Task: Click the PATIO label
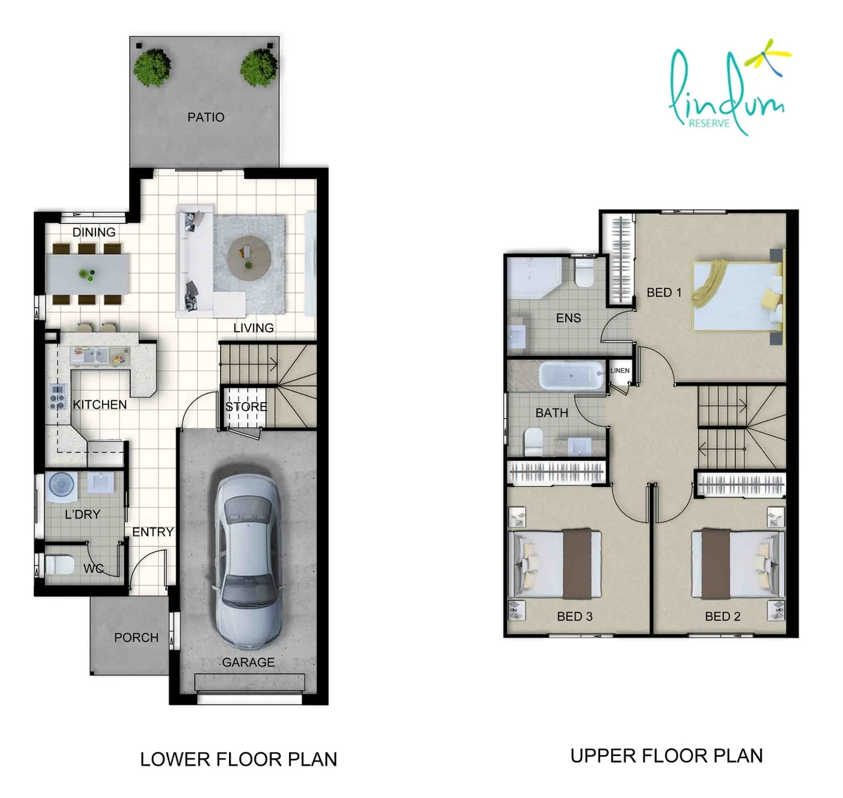(x=206, y=117)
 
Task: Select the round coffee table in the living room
(x=248, y=257)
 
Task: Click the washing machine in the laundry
(x=62, y=485)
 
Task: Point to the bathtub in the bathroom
(x=572, y=376)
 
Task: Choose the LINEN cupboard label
(x=620, y=370)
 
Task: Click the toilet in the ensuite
(x=583, y=273)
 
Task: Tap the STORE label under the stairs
(x=246, y=406)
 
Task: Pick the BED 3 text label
(x=575, y=616)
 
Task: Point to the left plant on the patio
(x=153, y=68)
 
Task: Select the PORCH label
(x=137, y=638)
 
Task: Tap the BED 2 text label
(x=723, y=616)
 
